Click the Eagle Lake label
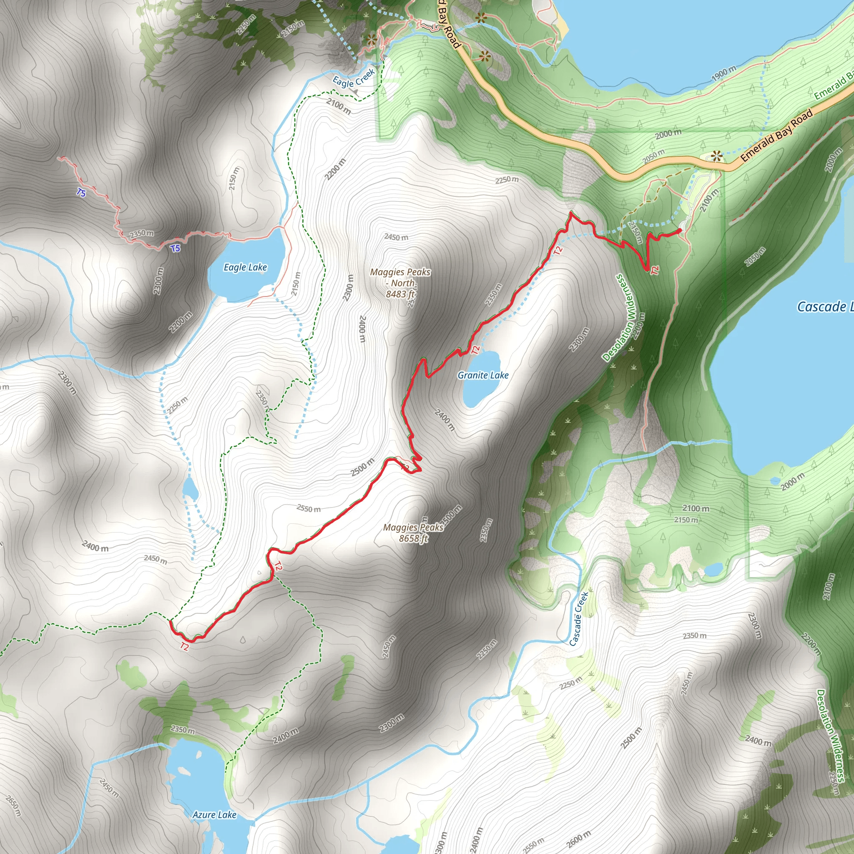[x=245, y=267]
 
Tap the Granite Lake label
[x=483, y=375]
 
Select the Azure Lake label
[x=214, y=815]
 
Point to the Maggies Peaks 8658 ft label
[x=413, y=532]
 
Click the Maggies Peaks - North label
[x=400, y=283]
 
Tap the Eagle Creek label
[x=354, y=78]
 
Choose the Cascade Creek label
[x=579, y=619]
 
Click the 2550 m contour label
[x=309, y=509]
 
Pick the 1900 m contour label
[x=724, y=73]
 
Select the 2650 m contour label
[x=13, y=805]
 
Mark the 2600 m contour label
[x=578, y=839]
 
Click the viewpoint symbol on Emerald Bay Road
[x=716, y=156]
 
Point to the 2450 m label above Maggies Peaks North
[x=396, y=237]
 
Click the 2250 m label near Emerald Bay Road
[x=507, y=179]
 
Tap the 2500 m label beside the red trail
[x=362, y=467]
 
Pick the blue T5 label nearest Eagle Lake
[x=176, y=249]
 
